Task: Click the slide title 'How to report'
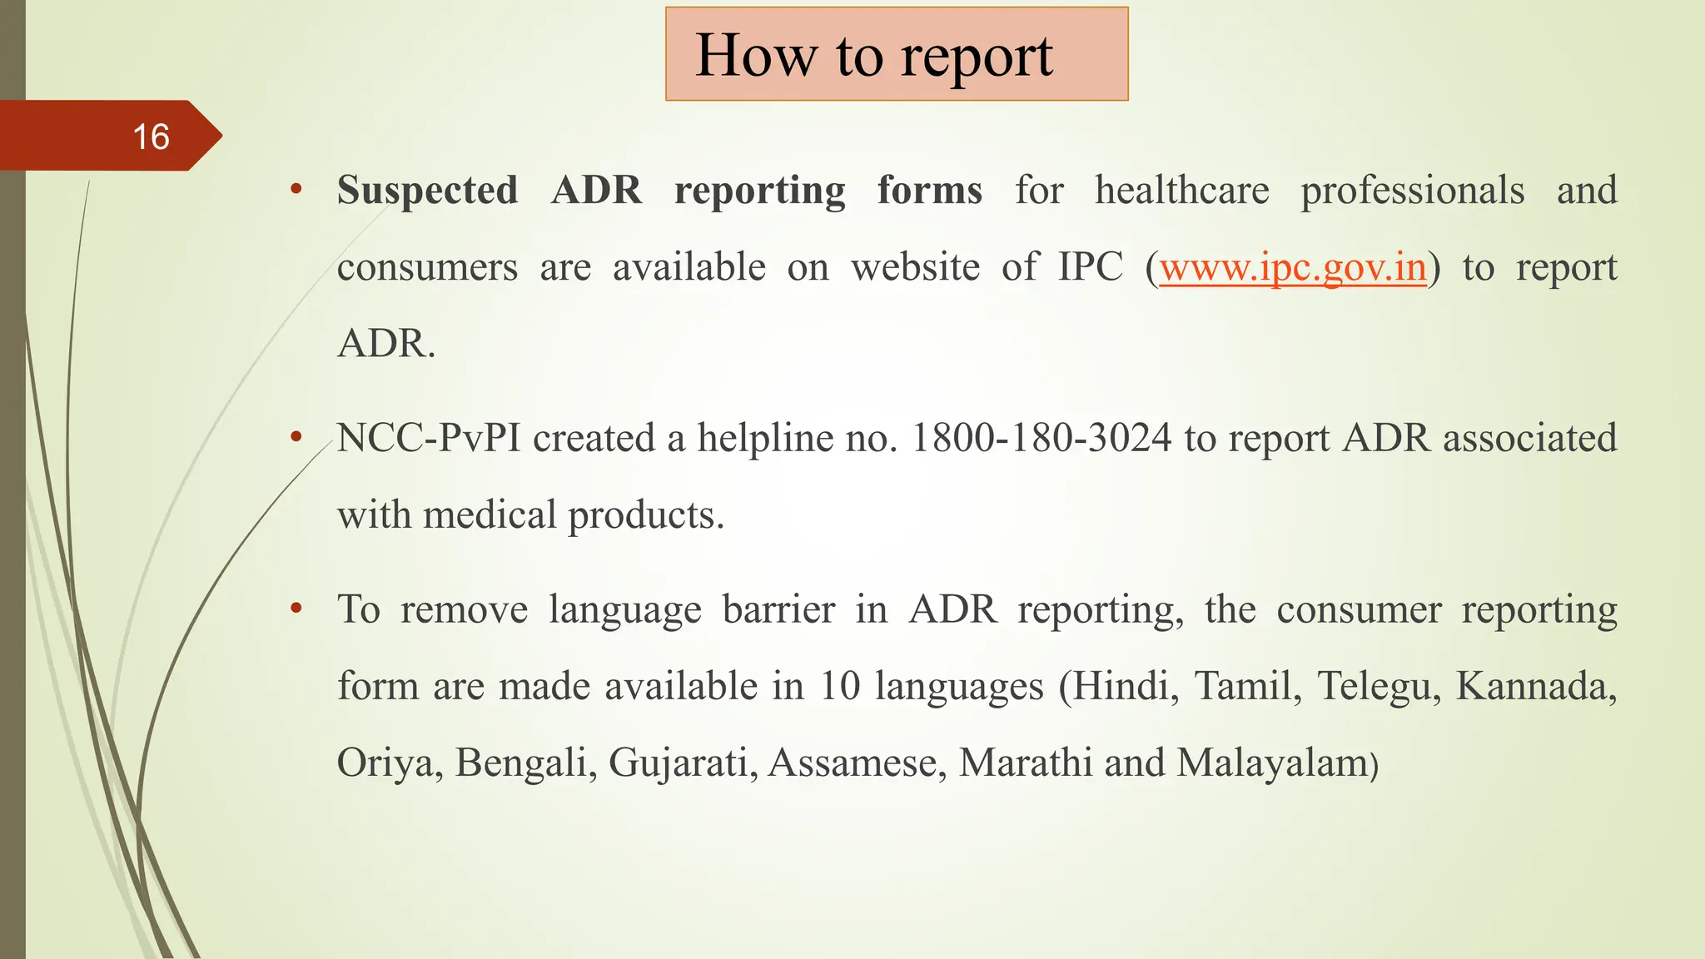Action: pos(874,55)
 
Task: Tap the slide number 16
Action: pos(151,137)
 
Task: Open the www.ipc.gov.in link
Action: pos(1293,267)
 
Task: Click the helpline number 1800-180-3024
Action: pos(1041,439)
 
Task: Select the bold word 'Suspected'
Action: pos(427,191)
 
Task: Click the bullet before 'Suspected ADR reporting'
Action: pos(296,191)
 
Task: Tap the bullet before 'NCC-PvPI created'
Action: pos(296,438)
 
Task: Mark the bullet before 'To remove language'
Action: pos(296,609)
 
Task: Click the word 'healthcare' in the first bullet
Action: pos(1182,191)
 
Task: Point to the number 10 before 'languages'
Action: pos(839,687)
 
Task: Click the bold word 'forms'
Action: pos(929,191)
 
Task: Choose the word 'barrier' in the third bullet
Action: pos(778,610)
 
